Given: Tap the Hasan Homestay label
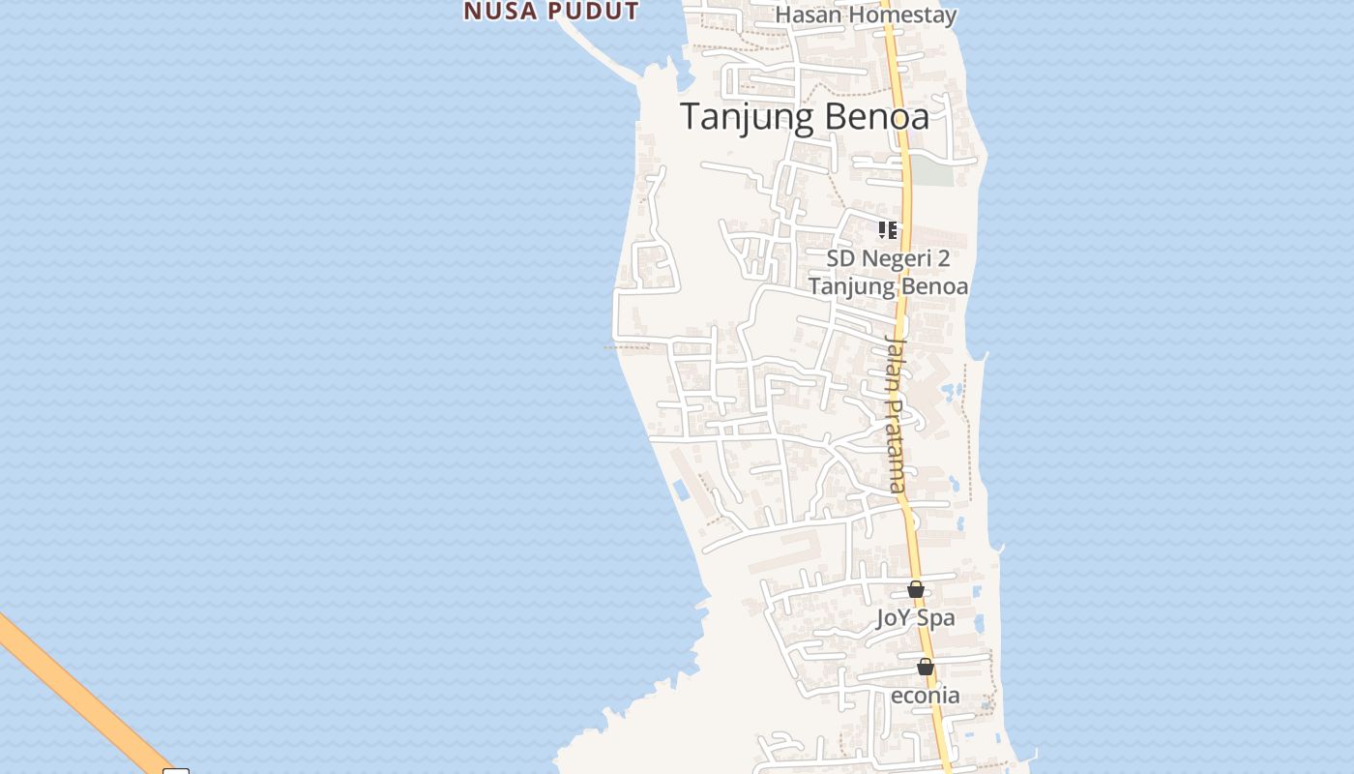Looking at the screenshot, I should pyautogui.click(x=866, y=15).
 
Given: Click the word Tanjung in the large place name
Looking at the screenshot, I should pyautogui.click(x=743, y=117).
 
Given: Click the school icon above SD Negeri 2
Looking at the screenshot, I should pyautogui.click(x=887, y=230).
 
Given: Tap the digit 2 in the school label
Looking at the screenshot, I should pyautogui.click(x=944, y=259).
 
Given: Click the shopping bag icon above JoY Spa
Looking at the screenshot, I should pyautogui.click(x=916, y=589).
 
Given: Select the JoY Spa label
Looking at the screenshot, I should pyautogui.click(x=915, y=617).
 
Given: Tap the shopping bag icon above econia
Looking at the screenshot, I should pyautogui.click(x=926, y=667).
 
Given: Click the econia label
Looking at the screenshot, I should pyautogui.click(x=925, y=695).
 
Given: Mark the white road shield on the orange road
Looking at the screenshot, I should pyautogui.click(x=176, y=771).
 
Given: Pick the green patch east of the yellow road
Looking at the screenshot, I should pyautogui.click(x=933, y=171).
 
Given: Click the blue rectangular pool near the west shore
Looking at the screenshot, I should pyautogui.click(x=681, y=491).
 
